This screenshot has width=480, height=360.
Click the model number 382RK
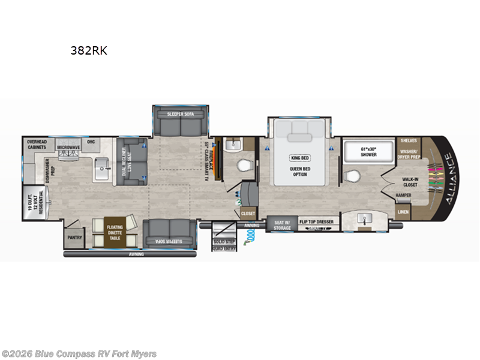pos(89,51)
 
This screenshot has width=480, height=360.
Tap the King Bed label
pos(299,158)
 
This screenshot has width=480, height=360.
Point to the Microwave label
pos(69,146)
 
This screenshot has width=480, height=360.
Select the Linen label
pos(403,212)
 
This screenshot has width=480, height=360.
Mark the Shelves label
pos(409,141)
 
